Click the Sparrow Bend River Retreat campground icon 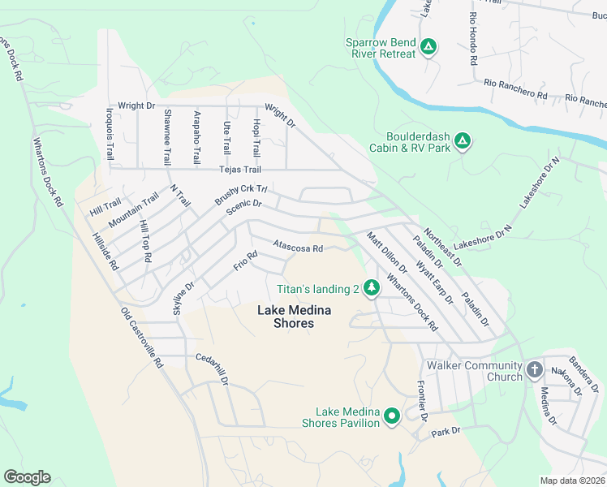tap(428, 48)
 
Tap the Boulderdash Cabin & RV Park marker tap(462, 142)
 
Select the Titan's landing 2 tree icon tap(372, 288)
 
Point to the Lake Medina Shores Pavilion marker tap(392, 417)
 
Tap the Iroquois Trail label tap(110, 134)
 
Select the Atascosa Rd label tap(299, 246)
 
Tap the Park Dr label tap(446, 430)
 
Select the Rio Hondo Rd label tap(473, 38)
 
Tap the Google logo tap(27, 476)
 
